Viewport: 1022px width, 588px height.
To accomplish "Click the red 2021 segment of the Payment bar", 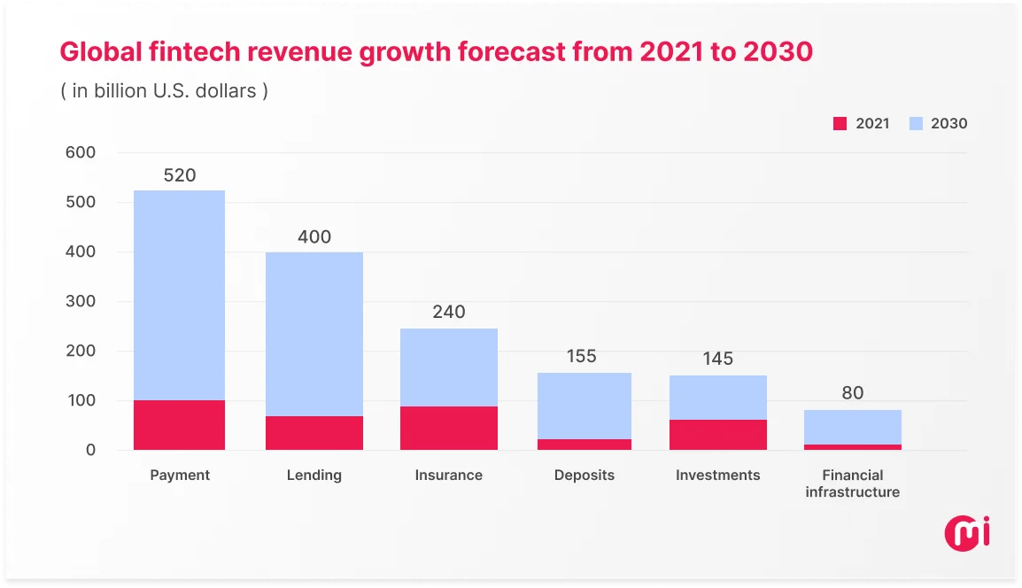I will tap(179, 425).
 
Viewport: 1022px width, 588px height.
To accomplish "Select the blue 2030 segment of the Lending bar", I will tap(314, 334).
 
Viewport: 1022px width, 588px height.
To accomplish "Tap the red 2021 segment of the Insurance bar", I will tap(448, 428).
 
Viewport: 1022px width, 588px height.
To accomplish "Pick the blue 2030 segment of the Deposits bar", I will tap(584, 406).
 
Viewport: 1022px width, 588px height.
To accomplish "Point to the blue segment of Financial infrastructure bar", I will tap(852, 427).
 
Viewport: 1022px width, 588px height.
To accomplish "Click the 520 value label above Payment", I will tap(179, 175).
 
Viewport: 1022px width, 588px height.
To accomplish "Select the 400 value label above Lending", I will tap(314, 237).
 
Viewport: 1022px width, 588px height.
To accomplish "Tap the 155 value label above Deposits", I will tap(581, 357).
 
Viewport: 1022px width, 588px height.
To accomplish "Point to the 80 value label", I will tap(852, 393).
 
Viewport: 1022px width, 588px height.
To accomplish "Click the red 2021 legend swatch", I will tap(840, 124).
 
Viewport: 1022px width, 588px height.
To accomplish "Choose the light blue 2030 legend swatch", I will tap(917, 124).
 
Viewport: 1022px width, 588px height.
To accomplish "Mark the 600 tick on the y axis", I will tap(80, 152).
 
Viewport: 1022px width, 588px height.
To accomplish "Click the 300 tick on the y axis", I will tap(80, 302).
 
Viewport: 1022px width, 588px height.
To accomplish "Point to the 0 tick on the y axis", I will tap(89, 451).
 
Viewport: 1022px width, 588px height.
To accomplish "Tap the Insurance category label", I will tap(448, 476).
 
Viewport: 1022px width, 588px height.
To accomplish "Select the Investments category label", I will tap(717, 476).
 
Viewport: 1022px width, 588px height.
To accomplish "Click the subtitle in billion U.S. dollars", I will tap(164, 91).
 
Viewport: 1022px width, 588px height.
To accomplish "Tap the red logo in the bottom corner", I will tap(966, 531).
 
